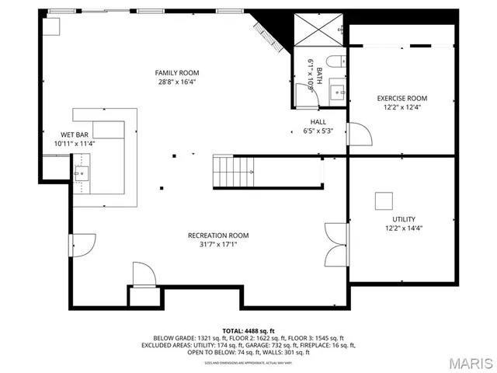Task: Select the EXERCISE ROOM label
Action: tap(401, 98)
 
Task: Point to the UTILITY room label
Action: tap(403, 219)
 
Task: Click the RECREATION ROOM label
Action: tap(218, 235)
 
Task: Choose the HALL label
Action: tap(318, 122)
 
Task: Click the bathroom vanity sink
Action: tap(338, 91)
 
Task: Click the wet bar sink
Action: tap(83, 172)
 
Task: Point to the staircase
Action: tap(234, 170)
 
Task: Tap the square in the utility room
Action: tap(384, 200)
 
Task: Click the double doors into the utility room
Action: tap(335, 245)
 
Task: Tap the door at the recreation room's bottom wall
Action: tap(144, 276)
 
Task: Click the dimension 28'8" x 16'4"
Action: tap(177, 81)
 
